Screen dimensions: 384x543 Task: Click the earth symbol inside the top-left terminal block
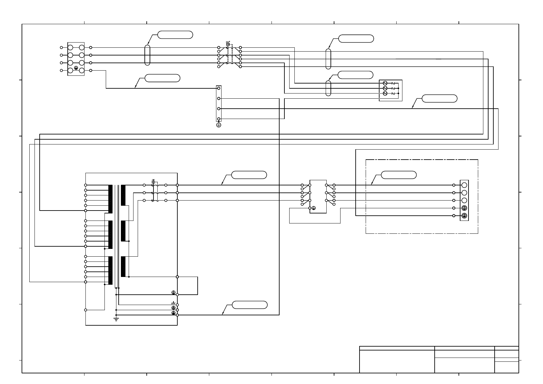tap(76, 68)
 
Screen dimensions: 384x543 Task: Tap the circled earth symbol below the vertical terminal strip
tap(219, 125)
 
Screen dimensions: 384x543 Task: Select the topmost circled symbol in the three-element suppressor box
tap(385, 83)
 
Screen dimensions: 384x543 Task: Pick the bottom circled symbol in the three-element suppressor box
tap(385, 94)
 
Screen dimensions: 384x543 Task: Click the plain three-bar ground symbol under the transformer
tap(116, 319)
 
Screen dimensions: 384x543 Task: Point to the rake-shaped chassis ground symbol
tap(173, 303)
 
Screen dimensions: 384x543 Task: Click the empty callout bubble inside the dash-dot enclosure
tap(399, 175)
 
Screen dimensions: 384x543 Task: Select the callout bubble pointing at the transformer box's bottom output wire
tap(250, 305)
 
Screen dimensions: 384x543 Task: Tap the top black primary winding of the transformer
tap(110, 199)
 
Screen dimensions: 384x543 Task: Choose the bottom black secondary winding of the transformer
tap(123, 267)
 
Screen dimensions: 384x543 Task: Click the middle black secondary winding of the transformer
tap(123, 231)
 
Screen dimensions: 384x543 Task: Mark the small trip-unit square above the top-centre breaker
tap(228, 44)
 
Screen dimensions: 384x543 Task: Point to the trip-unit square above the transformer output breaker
tap(153, 182)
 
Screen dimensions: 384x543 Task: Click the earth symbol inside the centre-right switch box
tap(314, 208)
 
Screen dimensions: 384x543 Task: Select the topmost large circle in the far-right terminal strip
tap(464, 185)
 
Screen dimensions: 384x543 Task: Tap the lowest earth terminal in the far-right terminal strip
tap(464, 216)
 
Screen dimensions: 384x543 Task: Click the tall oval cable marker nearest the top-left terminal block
tap(147, 55)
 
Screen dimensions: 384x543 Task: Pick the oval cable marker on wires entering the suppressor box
tap(328, 88)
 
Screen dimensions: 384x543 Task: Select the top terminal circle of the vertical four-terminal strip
tap(219, 88)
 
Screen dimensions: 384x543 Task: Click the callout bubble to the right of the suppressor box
tap(439, 99)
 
